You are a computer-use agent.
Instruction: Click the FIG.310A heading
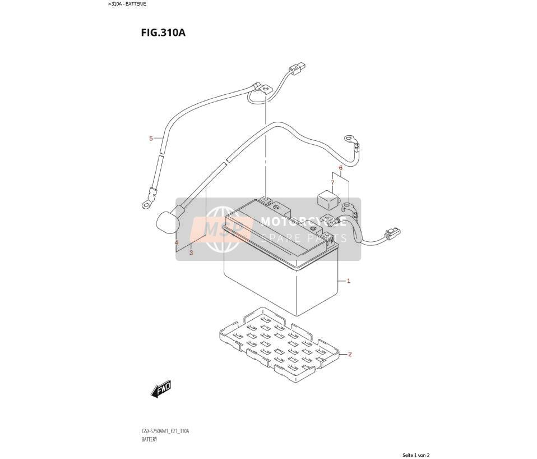point(163,33)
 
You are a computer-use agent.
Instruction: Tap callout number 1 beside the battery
point(349,281)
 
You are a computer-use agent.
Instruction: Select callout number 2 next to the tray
point(350,354)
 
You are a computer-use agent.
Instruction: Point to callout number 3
point(191,253)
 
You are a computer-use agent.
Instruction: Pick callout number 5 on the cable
point(151,139)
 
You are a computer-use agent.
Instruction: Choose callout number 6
point(340,168)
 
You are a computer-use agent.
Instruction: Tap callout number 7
point(332,183)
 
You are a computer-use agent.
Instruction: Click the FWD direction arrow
point(161,389)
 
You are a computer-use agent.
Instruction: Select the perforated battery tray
point(279,345)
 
